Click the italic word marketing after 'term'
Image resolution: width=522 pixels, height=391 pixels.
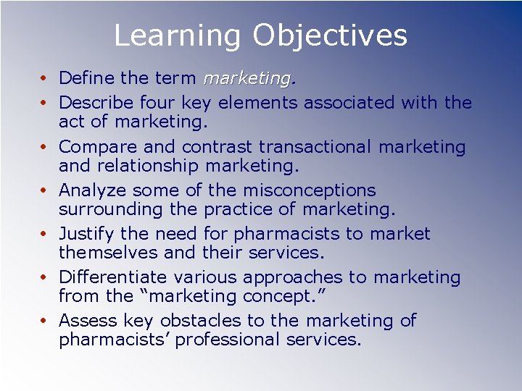pos(247,77)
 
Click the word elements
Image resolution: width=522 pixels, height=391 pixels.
pos(257,103)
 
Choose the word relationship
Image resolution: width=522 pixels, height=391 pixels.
pos(149,166)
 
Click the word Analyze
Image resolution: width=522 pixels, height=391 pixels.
pos(91,190)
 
